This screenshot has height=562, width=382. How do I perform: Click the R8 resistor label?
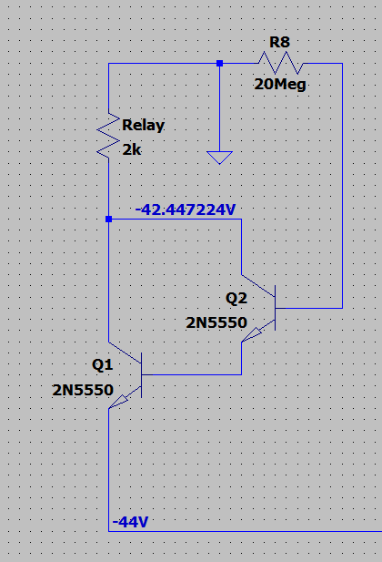point(279,42)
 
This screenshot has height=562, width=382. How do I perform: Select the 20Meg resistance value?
point(280,85)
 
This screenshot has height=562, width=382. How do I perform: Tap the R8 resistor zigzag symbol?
point(281,63)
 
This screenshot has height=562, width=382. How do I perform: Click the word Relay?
point(143,126)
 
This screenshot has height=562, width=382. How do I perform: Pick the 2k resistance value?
point(132,149)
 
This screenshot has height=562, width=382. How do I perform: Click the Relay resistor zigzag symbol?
point(108,136)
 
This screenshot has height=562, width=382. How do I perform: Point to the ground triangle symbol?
point(219,158)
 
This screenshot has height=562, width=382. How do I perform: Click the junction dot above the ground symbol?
point(219,64)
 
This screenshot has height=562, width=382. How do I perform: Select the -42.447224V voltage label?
point(186,209)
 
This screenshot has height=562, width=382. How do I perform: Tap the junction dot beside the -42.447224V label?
point(109,219)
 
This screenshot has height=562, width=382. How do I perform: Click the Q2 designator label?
point(236,298)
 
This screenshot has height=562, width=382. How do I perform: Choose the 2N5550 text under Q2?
point(216,323)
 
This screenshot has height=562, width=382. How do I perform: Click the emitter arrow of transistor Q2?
point(252,335)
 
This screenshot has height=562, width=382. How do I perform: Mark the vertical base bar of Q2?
point(275,308)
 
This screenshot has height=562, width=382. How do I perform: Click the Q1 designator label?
point(103,365)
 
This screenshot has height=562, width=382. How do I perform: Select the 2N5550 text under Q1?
point(83,390)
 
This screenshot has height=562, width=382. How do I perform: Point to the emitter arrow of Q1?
point(118,402)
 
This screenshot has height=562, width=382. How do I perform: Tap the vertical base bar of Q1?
point(141,375)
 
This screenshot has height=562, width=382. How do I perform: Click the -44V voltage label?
point(130,522)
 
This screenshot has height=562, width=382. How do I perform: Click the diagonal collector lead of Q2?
point(258,286)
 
